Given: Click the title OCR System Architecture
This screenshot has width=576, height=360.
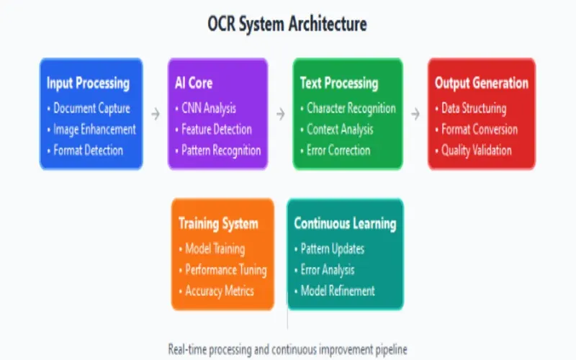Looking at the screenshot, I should click(287, 24).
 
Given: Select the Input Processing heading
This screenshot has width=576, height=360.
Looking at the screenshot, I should click(88, 83).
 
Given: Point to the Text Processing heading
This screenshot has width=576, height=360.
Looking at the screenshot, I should click(338, 83).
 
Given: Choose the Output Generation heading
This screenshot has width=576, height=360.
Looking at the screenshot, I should click(481, 83).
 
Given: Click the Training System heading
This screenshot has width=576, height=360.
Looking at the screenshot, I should click(218, 223).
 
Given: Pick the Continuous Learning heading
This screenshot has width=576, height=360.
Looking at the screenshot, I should click(345, 223).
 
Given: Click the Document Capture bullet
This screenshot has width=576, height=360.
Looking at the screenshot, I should click(92, 109).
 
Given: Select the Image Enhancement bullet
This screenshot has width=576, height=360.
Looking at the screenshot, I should click(94, 130).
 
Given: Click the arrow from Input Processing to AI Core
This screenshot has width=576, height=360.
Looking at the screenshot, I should click(155, 113).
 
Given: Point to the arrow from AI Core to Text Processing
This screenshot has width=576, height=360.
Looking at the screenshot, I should click(280, 113).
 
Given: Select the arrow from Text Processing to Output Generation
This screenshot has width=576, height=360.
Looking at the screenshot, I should click(415, 113).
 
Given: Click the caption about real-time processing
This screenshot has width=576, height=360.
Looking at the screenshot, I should click(287, 349).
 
